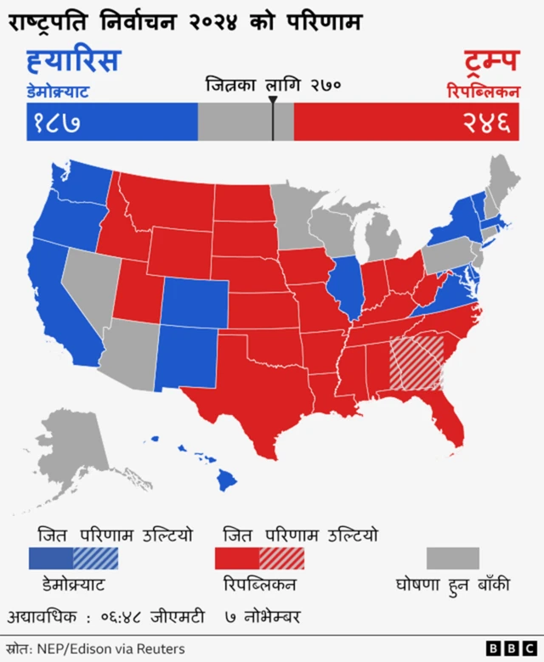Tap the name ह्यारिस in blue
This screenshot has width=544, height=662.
[x=73, y=62]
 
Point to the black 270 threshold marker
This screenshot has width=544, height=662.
[x=273, y=117]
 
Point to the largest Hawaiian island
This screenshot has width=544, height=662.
[x=226, y=480]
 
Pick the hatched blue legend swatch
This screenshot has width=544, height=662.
[x=95, y=558]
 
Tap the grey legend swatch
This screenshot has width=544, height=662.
[x=452, y=558]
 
